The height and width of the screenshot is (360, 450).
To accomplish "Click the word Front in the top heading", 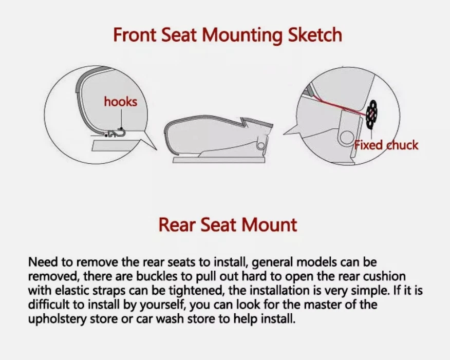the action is pyautogui.click(x=135, y=35).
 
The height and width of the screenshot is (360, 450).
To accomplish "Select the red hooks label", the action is pyautogui.click(x=121, y=102).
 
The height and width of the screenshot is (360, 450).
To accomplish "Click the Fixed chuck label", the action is pyautogui.click(x=386, y=145).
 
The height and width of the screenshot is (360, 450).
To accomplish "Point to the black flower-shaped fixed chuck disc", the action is pyautogui.click(x=372, y=114).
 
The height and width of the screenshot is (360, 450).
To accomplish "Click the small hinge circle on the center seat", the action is pyautogui.click(x=261, y=145).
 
